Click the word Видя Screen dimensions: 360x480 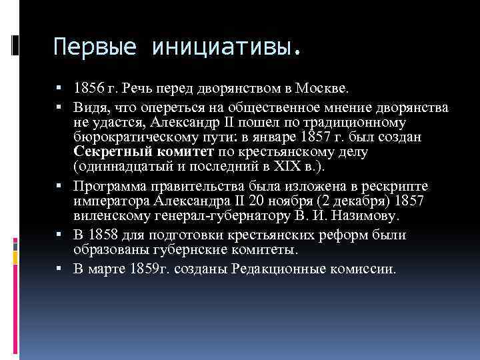point(91,107)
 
